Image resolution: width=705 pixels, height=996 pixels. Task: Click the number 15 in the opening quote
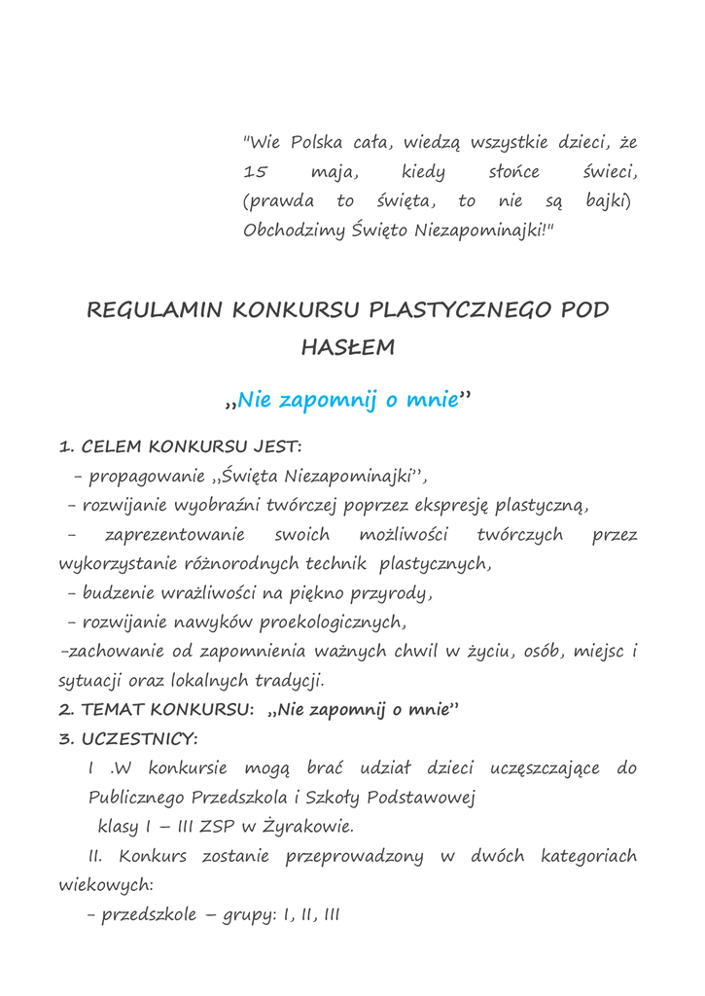click(255, 172)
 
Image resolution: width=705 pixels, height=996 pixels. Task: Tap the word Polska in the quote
click(316, 143)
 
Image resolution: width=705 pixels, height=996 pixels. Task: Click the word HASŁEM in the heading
click(348, 348)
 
